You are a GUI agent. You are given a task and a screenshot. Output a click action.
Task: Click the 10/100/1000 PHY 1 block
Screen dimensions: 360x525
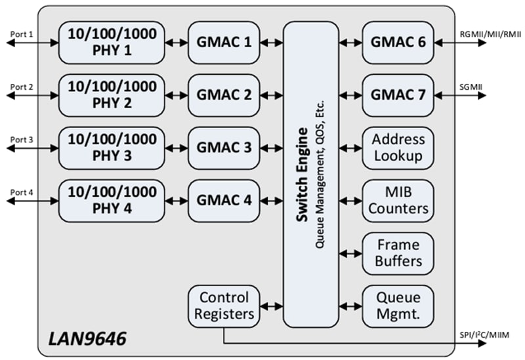[111, 43]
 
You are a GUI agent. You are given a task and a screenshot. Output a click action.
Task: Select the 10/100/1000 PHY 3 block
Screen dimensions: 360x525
[111, 148]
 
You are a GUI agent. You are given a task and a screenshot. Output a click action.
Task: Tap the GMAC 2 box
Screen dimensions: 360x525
[224, 95]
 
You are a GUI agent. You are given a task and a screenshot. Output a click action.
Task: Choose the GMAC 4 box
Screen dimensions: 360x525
[224, 200]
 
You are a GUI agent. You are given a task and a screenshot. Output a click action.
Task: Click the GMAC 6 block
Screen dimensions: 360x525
[398, 43]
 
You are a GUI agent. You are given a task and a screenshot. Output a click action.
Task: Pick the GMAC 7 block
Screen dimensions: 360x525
[398, 95]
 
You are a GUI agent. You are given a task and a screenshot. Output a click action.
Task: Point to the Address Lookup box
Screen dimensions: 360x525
[398, 148]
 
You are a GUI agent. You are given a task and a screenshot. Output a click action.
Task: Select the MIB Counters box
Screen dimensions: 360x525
[398, 200]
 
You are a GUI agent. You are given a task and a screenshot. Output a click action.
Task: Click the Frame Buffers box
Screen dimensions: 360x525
[398, 253]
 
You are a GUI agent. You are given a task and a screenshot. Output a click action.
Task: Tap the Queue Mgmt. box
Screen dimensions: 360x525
[398, 306]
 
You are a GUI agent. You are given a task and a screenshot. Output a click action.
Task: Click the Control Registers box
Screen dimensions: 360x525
[224, 306]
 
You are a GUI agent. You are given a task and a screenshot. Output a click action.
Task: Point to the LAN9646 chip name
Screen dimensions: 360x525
[87, 339]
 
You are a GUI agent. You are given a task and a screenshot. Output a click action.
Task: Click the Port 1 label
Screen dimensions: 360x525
[22, 33]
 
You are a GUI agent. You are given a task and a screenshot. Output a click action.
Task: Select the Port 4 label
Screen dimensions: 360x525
[22, 191]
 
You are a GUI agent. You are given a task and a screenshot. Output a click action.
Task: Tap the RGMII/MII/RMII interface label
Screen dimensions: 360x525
[490, 33]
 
